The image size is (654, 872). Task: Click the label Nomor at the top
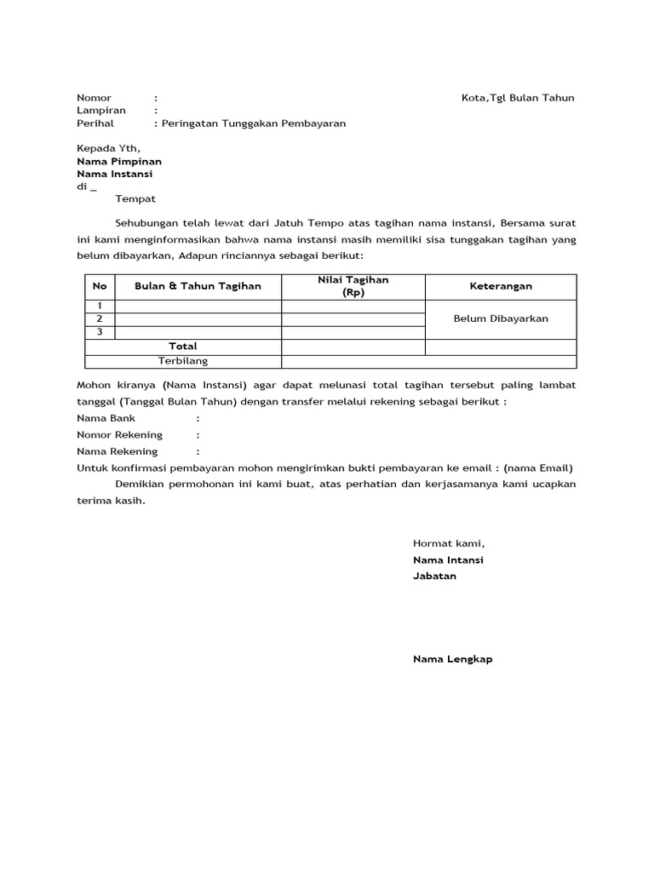[x=94, y=98]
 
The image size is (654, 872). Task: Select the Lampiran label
[x=100, y=111]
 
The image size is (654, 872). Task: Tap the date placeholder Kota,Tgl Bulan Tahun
[x=518, y=98]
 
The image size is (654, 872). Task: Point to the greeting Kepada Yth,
[x=108, y=148]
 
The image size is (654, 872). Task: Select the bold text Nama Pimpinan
[x=119, y=161]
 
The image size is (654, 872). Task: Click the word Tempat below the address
[x=135, y=199]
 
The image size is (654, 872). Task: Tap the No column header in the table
[x=100, y=287]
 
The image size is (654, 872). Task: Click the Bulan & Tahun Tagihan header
[x=198, y=287]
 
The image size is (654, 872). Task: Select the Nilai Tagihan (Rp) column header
[x=353, y=286]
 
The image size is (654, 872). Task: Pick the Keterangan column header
[x=501, y=287]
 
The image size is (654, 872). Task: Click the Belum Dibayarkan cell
[x=501, y=319]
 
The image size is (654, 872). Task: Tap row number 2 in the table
[x=100, y=319]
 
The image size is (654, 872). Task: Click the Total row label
[x=183, y=347]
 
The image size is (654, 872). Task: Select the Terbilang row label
[x=183, y=361]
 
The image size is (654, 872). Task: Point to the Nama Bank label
[x=106, y=419]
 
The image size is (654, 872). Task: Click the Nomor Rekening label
[x=119, y=435]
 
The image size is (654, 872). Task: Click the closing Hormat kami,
[x=448, y=543]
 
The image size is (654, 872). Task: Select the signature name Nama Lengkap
[x=452, y=659]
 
